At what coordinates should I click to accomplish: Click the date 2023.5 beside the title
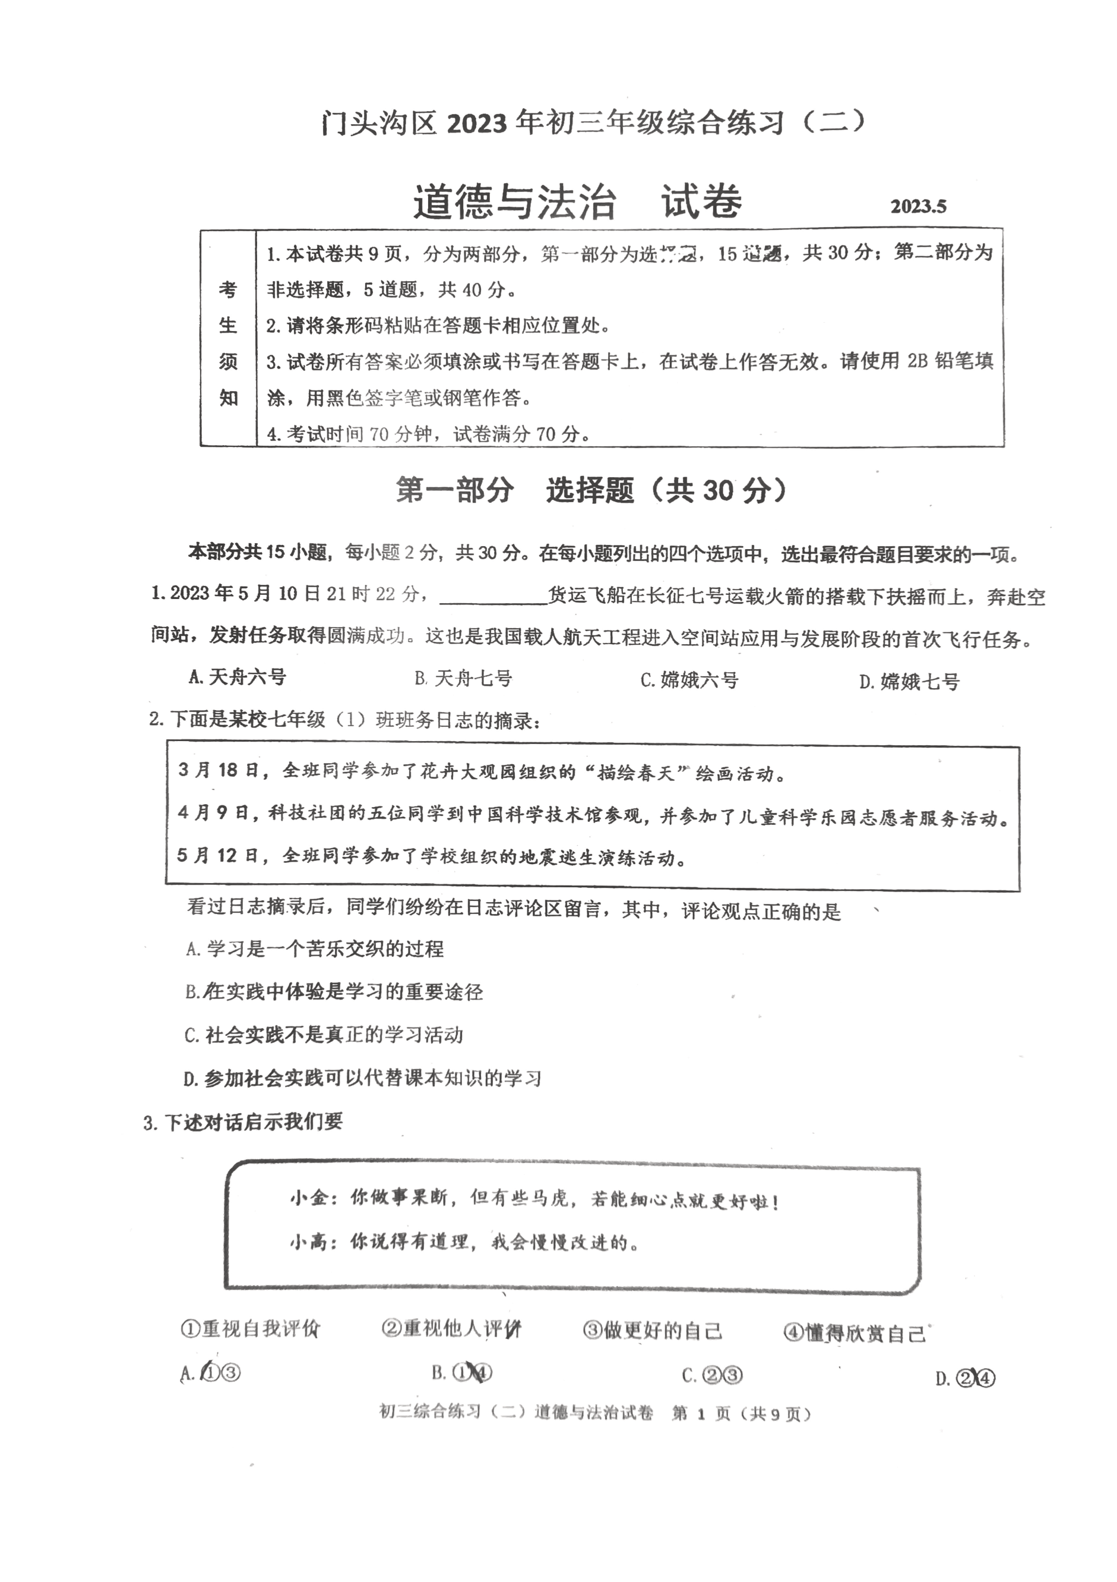click(x=918, y=206)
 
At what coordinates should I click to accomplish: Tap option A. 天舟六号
click(x=237, y=677)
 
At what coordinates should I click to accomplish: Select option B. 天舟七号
click(x=463, y=679)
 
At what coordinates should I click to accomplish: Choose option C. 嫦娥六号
click(x=689, y=680)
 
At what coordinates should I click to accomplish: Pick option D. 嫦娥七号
click(x=909, y=682)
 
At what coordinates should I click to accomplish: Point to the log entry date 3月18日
click(x=217, y=770)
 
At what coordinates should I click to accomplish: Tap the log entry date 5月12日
click(x=217, y=856)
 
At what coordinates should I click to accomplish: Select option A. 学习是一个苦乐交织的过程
click(x=315, y=949)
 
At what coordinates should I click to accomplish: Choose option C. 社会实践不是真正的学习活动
click(x=324, y=1035)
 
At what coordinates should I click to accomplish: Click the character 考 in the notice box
click(x=228, y=290)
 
